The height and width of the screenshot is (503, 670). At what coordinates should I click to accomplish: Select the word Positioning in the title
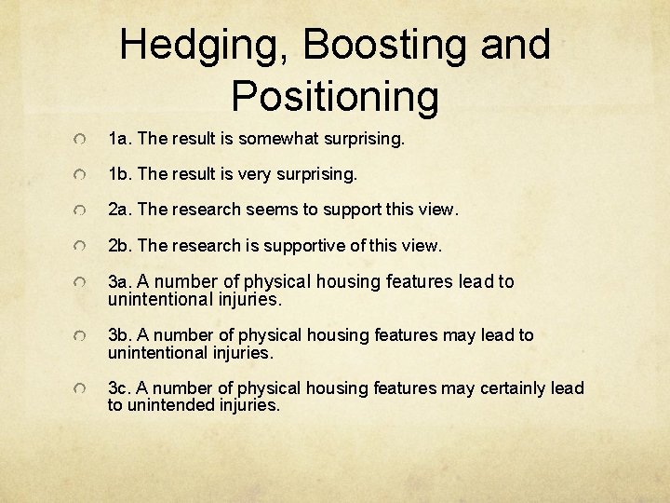point(335,96)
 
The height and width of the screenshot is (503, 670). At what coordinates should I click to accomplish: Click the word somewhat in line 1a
point(276,140)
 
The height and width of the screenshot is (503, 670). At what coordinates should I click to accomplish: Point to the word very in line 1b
point(252,174)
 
